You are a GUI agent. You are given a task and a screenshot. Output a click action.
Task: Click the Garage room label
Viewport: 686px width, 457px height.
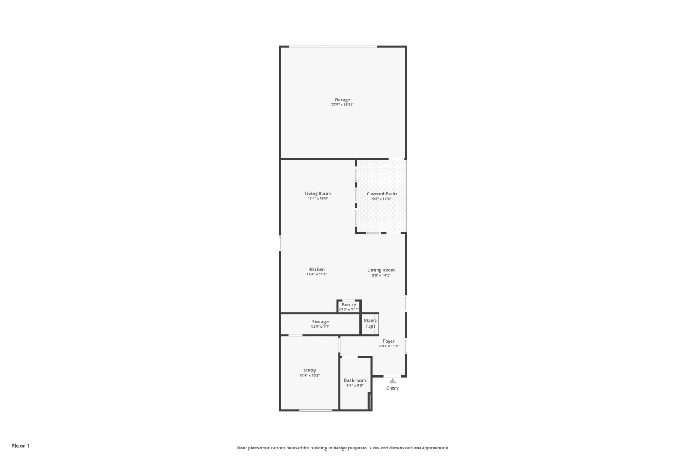[342, 100]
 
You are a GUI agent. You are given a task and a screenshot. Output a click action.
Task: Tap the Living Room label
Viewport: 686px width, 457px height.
[318, 193]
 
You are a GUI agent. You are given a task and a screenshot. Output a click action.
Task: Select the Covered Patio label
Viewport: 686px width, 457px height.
[381, 194]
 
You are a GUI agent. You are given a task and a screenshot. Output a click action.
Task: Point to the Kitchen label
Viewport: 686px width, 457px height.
[316, 269]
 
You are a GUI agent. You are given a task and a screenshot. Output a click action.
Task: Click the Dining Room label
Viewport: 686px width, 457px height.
[381, 270]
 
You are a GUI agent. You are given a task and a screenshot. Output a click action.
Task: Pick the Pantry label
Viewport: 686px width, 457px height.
[348, 304]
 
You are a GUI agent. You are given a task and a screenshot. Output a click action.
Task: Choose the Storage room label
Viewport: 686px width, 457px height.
[320, 321]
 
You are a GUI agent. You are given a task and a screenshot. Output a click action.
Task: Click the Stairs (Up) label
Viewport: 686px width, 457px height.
[370, 323]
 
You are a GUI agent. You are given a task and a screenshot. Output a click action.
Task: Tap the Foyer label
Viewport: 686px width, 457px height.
[389, 341]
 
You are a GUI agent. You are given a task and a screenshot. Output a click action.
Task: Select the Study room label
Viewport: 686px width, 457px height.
[309, 370]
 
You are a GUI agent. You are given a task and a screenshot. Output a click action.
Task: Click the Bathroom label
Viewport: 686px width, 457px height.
[355, 380]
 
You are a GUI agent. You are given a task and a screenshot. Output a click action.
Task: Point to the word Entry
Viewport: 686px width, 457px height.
[392, 388]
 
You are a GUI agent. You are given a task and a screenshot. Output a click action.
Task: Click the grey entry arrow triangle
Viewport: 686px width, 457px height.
[392, 380]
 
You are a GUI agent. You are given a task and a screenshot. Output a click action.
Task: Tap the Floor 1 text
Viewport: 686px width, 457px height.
[21, 446]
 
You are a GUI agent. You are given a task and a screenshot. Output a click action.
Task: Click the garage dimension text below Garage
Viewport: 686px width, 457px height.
[342, 106]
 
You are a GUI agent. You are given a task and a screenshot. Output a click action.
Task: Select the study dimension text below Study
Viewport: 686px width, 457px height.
[309, 375]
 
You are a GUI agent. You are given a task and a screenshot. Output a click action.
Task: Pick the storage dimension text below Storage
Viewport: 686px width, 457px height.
[320, 327]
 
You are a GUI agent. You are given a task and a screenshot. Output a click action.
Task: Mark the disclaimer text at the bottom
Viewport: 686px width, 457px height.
[343, 447]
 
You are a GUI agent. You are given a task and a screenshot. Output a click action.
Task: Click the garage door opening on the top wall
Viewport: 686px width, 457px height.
[333, 47]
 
